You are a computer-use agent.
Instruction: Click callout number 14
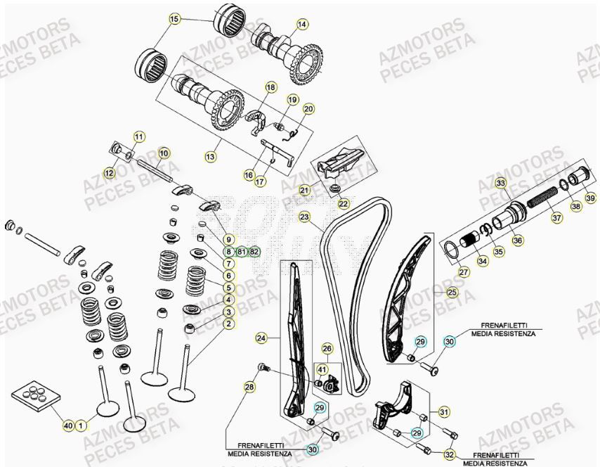pos(301,25)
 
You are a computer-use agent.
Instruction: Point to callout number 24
pos(261,338)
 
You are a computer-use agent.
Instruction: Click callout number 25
pos(452,292)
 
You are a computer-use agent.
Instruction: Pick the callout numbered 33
pos(501,184)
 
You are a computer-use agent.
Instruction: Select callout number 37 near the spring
pos(556,218)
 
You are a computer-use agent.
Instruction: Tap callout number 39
pos(590,199)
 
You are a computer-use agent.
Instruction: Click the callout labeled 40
pos(68,426)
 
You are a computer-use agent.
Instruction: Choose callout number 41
pos(322,369)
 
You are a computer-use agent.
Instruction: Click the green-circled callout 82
pos(254,251)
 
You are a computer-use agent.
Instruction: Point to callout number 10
pos(164,153)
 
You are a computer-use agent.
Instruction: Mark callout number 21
pos(305,190)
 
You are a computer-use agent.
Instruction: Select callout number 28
pos(249,388)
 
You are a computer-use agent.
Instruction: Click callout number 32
pos(449,454)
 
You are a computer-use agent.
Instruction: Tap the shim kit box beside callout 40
pos(33,397)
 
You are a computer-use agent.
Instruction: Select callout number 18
pos(270,87)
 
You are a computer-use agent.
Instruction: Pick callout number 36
pos(518,241)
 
